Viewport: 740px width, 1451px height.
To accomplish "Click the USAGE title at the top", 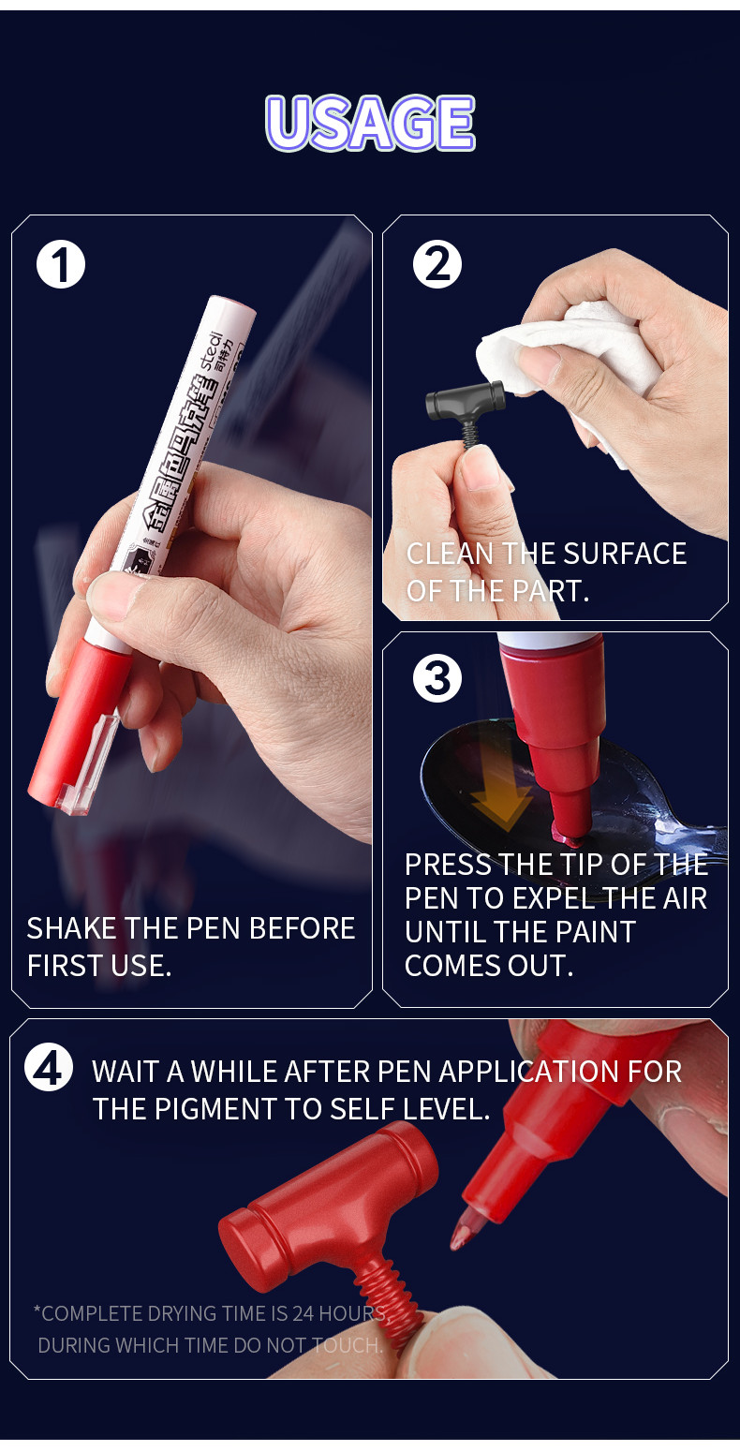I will tap(370, 123).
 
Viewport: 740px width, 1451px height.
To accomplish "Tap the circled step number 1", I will tap(61, 265).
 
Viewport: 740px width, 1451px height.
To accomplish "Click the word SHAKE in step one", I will tap(72, 928).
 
